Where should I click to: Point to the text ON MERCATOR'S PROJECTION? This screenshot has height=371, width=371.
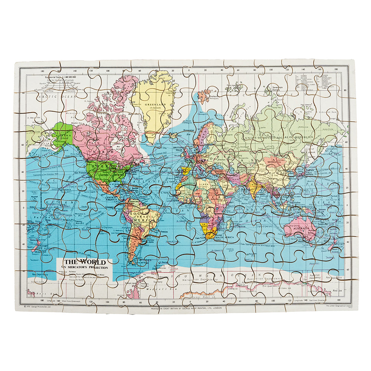click(85, 267)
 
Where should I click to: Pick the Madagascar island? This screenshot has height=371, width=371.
click(230, 224)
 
